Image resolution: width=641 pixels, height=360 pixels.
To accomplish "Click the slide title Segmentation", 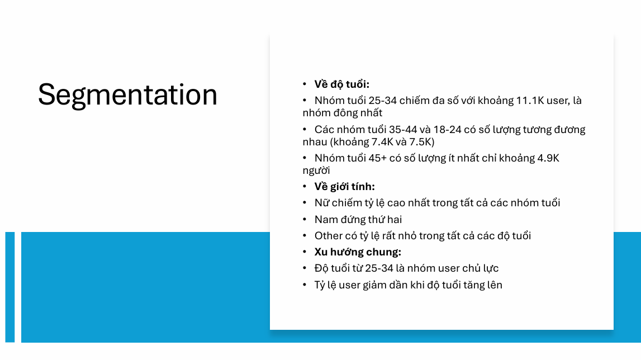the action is [x=127, y=95].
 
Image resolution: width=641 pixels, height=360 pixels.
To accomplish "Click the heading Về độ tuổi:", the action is [x=342, y=84].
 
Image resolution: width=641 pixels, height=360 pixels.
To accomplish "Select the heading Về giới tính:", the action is [x=345, y=187].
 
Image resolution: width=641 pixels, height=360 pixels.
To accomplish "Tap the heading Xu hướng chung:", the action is [x=358, y=252].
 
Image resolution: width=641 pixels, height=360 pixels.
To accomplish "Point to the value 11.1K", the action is [x=529, y=101].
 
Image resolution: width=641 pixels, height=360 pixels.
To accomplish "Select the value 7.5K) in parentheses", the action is [x=422, y=142].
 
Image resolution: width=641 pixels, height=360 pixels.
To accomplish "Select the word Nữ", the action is [x=321, y=203].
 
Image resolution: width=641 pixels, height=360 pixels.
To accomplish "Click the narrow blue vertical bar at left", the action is [x=10, y=287].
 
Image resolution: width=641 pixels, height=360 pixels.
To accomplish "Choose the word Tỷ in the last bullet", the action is [x=320, y=285].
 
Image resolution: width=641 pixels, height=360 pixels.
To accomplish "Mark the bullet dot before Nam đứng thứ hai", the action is [x=305, y=220].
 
